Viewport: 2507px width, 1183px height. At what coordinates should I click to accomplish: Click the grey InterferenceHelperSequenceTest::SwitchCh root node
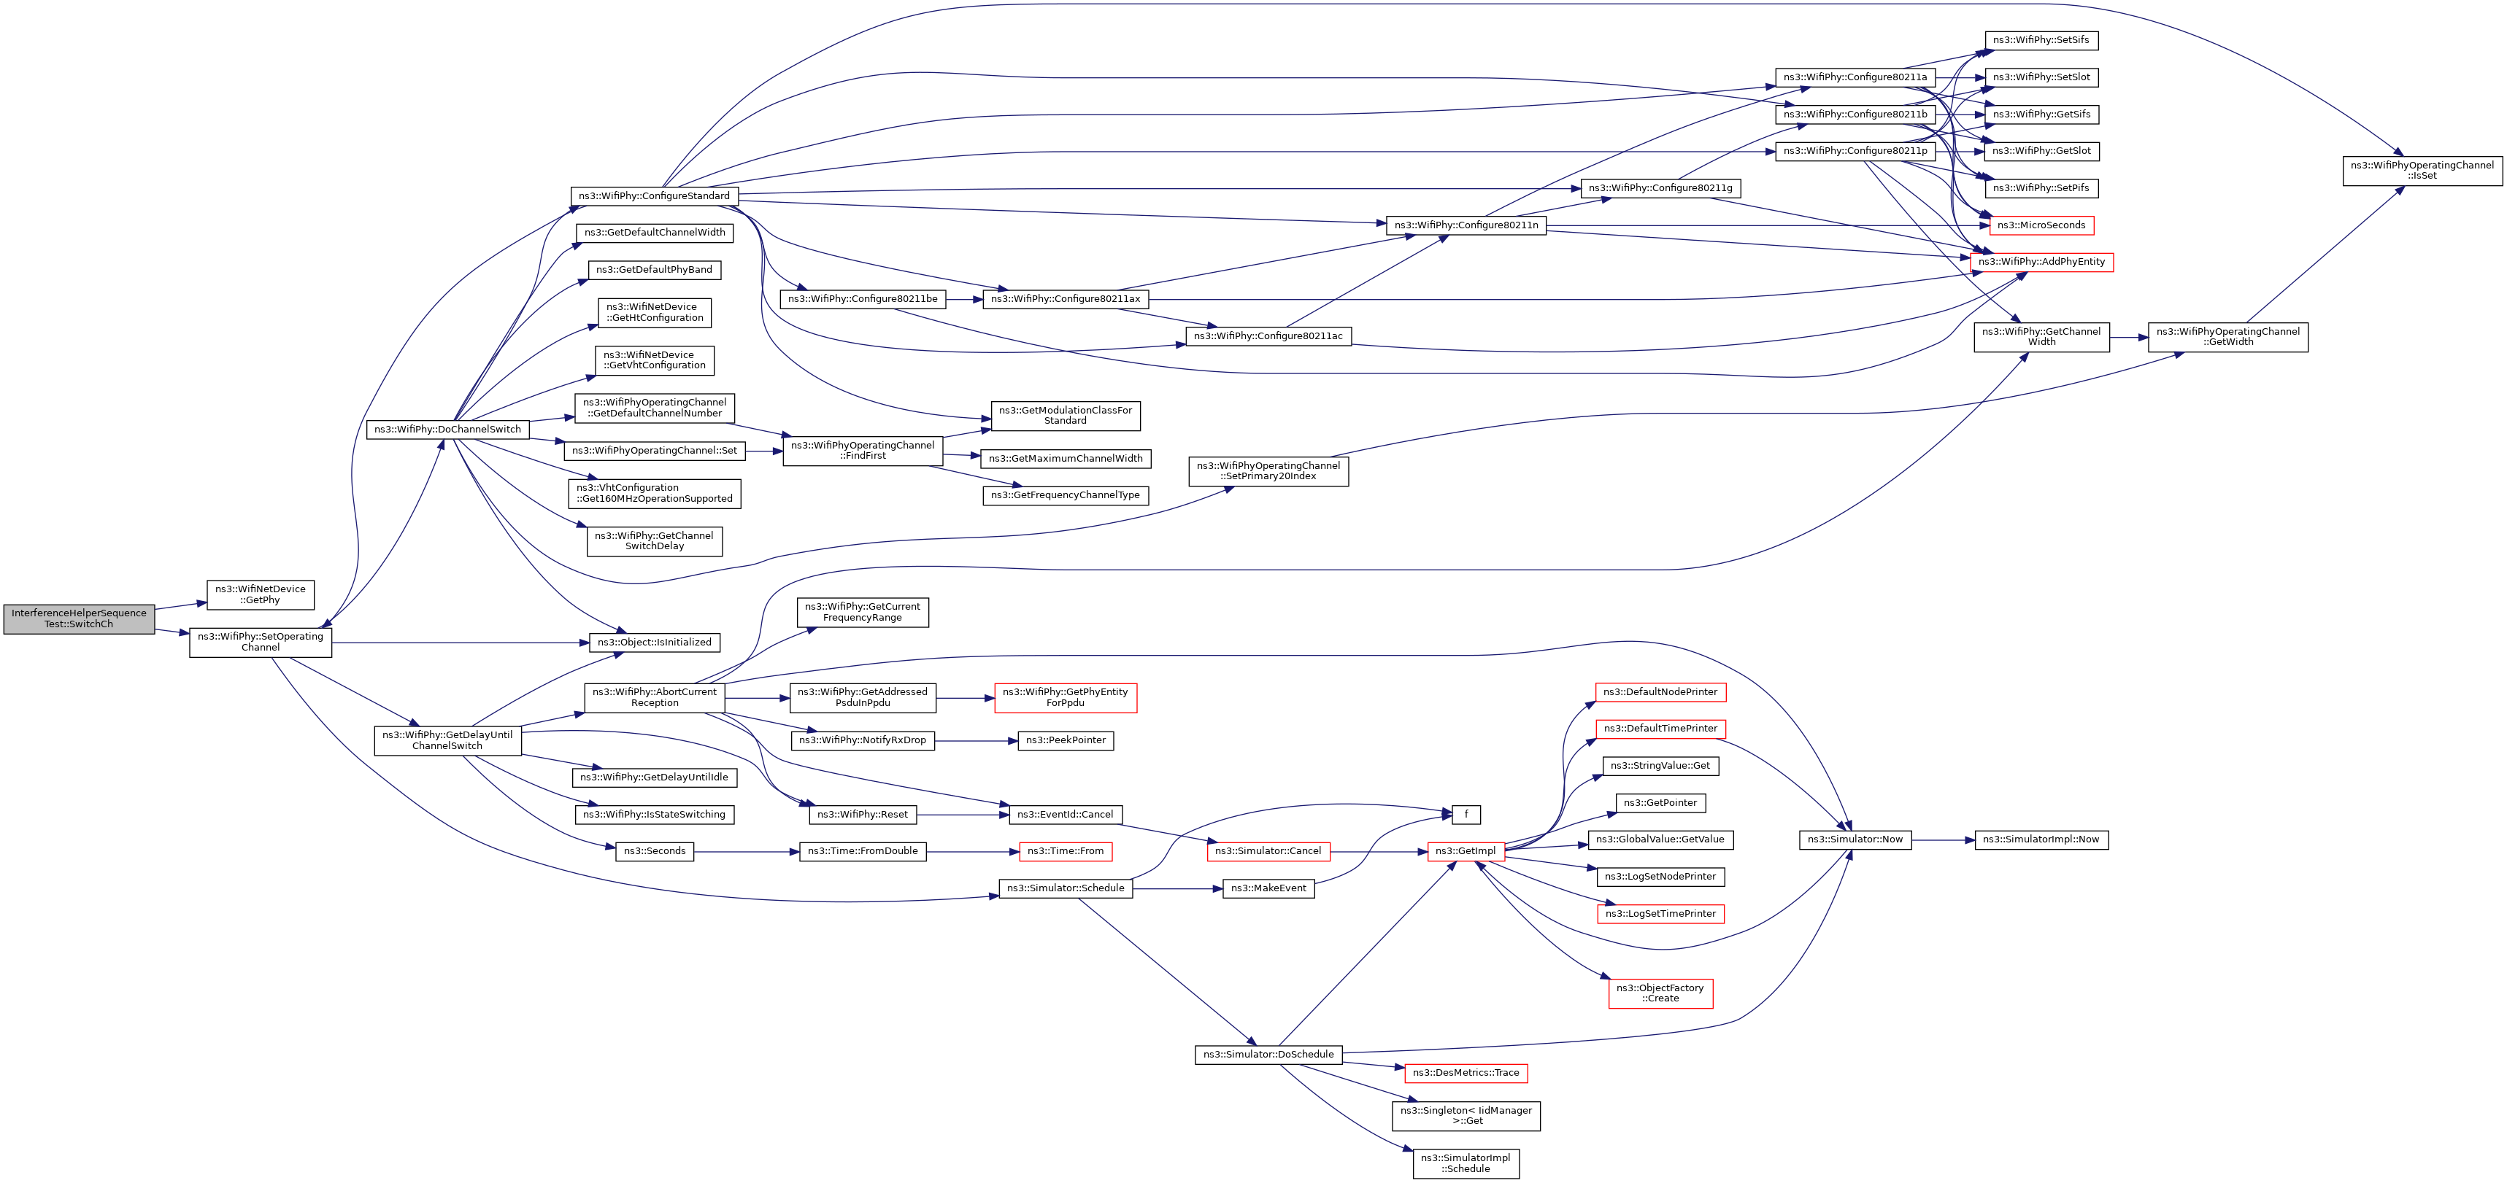[79, 618]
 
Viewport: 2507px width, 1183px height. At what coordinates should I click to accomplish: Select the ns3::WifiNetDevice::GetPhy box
[260, 594]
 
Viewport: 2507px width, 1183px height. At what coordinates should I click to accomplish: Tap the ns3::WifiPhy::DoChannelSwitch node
[447, 429]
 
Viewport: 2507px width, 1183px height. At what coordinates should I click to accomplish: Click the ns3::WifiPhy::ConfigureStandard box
[654, 195]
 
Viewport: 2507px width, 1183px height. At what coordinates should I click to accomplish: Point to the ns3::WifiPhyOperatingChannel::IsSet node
[2422, 170]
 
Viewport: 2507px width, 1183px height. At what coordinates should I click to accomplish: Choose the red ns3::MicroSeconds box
[2041, 225]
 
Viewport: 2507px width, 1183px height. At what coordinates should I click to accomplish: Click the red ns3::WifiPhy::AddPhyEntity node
[2041, 262]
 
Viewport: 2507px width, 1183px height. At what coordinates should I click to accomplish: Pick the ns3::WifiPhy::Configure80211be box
[862, 299]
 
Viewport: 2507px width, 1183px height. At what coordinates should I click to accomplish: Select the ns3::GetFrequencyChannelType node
[1065, 495]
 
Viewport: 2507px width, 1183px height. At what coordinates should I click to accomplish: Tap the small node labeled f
[1466, 814]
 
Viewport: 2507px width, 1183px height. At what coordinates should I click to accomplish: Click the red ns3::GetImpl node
[1466, 851]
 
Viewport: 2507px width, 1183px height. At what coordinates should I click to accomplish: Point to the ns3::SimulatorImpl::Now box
[2041, 839]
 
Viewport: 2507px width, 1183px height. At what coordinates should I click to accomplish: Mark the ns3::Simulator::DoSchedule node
[1268, 1055]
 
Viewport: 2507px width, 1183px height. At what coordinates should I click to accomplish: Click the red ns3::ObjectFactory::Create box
[1660, 993]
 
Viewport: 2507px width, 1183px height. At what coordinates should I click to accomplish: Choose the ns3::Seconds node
[655, 851]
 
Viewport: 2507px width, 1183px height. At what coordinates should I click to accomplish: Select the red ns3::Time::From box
[1065, 851]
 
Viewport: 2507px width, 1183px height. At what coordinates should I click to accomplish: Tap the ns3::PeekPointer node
[1065, 740]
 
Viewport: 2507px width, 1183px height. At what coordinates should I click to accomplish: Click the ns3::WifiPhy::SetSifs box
[2041, 40]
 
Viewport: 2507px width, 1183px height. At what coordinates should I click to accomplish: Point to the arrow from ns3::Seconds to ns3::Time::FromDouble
[747, 851]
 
